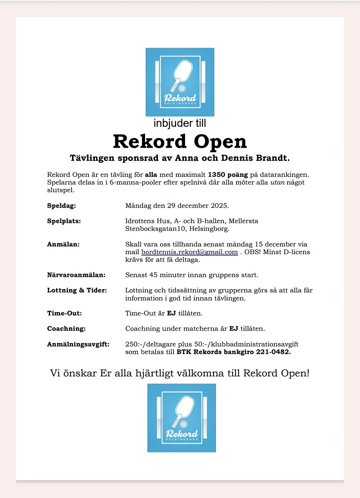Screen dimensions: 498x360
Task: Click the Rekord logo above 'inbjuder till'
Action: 180,82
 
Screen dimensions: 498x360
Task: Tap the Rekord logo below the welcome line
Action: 181,418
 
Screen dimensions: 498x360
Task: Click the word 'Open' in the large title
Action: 220,141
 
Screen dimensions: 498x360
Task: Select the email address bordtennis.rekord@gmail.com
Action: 189,252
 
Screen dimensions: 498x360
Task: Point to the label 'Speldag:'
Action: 62,206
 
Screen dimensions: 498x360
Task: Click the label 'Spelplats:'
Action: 64,221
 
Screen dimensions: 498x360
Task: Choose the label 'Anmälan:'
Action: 63,244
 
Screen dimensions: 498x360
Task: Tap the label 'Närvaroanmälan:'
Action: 76,275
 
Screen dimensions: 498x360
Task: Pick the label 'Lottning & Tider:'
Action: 77,290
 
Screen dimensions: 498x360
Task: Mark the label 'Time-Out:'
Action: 64,313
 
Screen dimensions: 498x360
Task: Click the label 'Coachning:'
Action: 66,329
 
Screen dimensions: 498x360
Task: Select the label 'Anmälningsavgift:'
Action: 78,344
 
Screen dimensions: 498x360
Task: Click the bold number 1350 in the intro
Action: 216,175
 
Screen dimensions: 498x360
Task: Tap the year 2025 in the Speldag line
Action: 219,206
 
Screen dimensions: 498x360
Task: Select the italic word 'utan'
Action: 278,182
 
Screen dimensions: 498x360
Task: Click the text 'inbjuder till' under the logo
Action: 180,123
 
